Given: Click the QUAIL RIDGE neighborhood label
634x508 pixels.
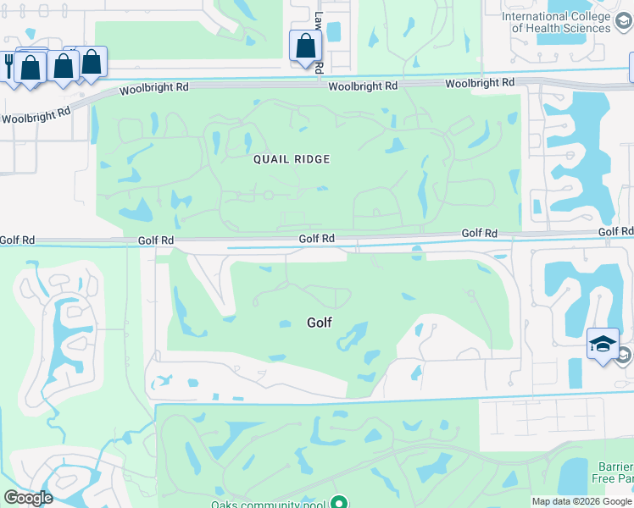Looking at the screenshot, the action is click(x=291, y=159).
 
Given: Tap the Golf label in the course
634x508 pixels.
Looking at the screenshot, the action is click(x=319, y=323).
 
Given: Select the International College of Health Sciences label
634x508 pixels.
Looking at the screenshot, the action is click(x=568, y=22).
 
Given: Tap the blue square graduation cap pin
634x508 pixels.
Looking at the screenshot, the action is click(x=603, y=345).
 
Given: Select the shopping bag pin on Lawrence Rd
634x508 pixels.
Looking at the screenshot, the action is click(x=305, y=47).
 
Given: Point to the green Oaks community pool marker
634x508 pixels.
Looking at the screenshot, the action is click(x=338, y=502).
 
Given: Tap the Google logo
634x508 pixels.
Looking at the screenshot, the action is click(x=28, y=498).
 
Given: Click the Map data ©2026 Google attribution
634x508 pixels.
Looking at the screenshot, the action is click(x=581, y=501).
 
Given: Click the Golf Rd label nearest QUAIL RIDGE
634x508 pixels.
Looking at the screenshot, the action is click(x=316, y=240).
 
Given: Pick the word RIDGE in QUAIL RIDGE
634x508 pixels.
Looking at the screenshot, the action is click(x=311, y=159).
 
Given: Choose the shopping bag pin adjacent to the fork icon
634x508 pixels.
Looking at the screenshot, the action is click(x=31, y=68).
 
